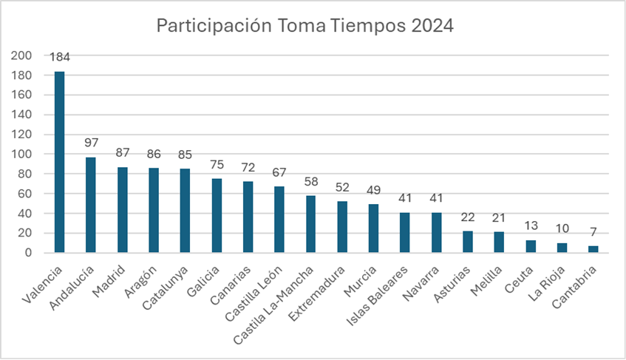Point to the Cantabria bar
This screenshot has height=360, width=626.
[x=593, y=249]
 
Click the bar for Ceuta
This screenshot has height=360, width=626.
[x=531, y=246]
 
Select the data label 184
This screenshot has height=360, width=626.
[x=60, y=57]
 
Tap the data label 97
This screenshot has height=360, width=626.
[x=91, y=143]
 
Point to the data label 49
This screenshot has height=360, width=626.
[x=373, y=190]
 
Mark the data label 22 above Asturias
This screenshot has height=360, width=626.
[x=467, y=217]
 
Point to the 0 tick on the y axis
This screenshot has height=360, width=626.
[x=28, y=253]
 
